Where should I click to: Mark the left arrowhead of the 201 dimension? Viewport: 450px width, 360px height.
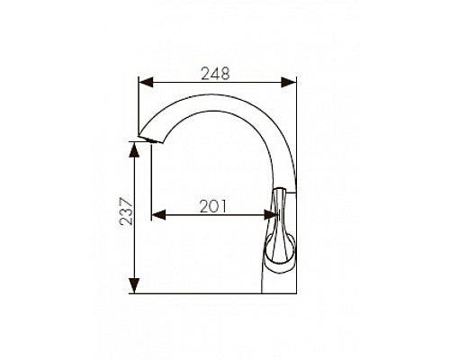click(158, 215)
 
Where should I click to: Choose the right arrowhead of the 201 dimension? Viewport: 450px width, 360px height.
click(271, 215)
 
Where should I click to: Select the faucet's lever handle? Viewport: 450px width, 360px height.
click(280, 225)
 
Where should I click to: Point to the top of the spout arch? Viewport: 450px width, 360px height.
click(216, 96)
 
